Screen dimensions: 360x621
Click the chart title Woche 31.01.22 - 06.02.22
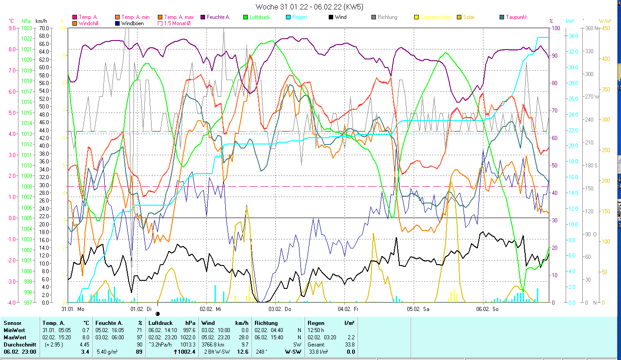pos(309,7)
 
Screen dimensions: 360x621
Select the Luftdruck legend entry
pos(261,17)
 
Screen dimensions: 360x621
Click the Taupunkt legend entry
pos(516,17)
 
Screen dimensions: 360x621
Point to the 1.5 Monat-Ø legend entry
pos(177,23)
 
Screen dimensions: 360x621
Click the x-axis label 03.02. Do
pos(280,309)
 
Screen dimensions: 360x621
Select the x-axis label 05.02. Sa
pos(418,309)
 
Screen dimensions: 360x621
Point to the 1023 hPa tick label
pos(26,28)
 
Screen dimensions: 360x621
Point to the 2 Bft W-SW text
pos(218,352)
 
